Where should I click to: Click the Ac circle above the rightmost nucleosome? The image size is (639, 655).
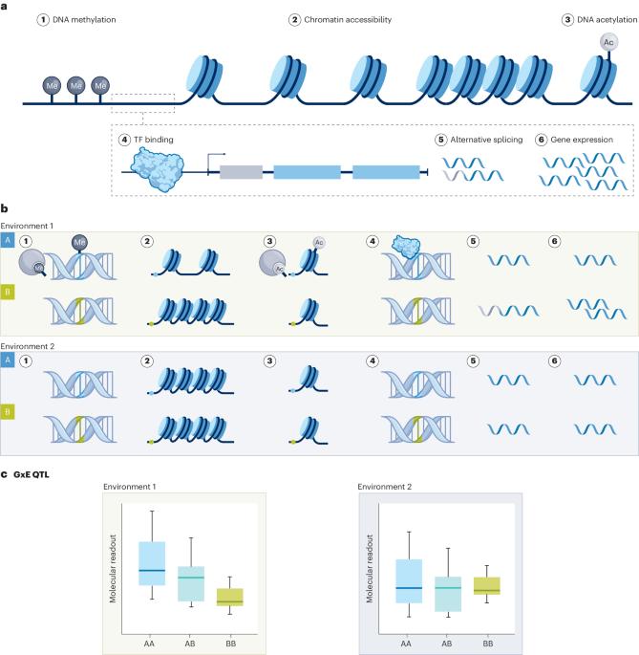pos(607,42)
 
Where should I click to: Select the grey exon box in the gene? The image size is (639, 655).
pos(241,173)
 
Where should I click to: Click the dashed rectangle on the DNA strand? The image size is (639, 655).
pos(143,103)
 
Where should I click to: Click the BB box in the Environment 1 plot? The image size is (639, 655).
pos(230,597)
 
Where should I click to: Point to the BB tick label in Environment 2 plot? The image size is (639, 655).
pos(487,644)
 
